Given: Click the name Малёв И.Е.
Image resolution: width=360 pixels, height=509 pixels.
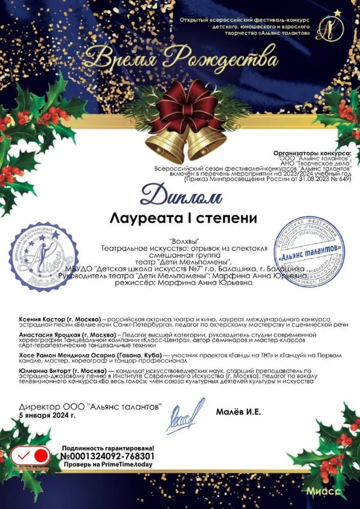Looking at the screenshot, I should pyautogui.click(x=238, y=412).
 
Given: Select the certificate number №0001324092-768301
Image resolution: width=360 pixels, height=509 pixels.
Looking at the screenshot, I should pyautogui.click(x=107, y=456).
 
